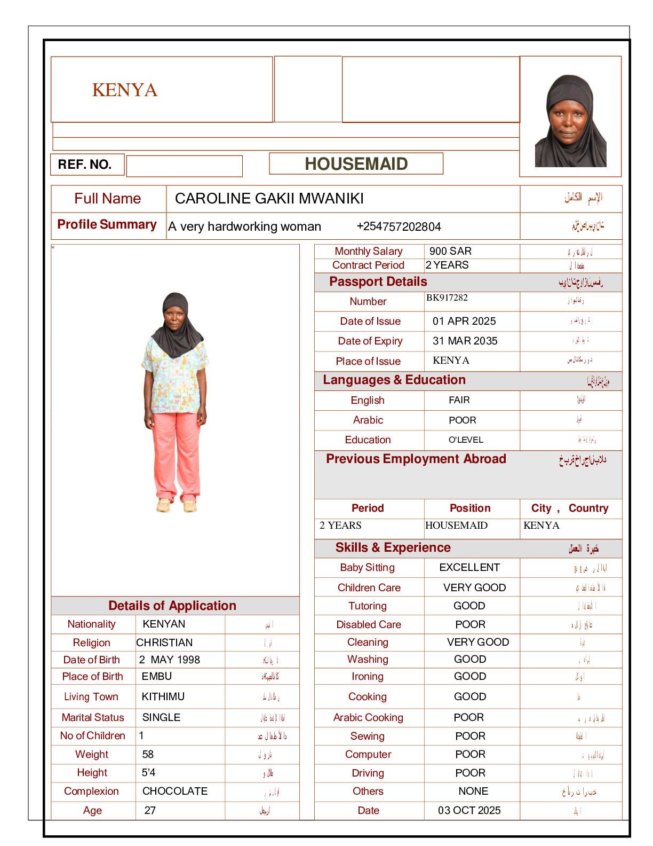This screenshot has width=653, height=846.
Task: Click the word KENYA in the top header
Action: click(x=125, y=90)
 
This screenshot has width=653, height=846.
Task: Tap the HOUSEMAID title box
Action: click(x=356, y=164)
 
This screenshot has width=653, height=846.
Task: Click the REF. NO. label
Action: click(x=85, y=164)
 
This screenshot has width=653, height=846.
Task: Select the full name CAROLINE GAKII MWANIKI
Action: click(x=269, y=199)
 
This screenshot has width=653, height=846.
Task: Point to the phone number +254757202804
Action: click(x=399, y=226)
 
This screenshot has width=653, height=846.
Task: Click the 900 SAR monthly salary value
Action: click(x=450, y=251)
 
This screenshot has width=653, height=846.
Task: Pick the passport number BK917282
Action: click(x=447, y=297)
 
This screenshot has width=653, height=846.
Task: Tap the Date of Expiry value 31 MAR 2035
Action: click(x=465, y=341)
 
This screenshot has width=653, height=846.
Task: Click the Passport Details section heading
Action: click(x=378, y=281)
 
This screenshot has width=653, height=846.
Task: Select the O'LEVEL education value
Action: click(x=466, y=440)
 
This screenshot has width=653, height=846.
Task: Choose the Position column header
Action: click(x=469, y=508)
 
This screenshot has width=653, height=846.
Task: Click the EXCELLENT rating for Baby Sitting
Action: click(x=469, y=567)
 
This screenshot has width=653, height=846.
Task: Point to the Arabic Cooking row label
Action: click(x=368, y=717)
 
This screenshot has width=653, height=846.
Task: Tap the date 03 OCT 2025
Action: click(x=469, y=810)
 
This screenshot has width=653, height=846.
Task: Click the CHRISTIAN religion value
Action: click(x=164, y=643)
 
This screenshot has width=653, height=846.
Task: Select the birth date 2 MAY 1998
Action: click(x=170, y=660)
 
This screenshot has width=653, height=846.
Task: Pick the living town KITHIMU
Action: click(x=163, y=696)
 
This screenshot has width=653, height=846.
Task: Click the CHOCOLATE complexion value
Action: click(x=175, y=791)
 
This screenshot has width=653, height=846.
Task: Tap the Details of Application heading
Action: click(x=172, y=606)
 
